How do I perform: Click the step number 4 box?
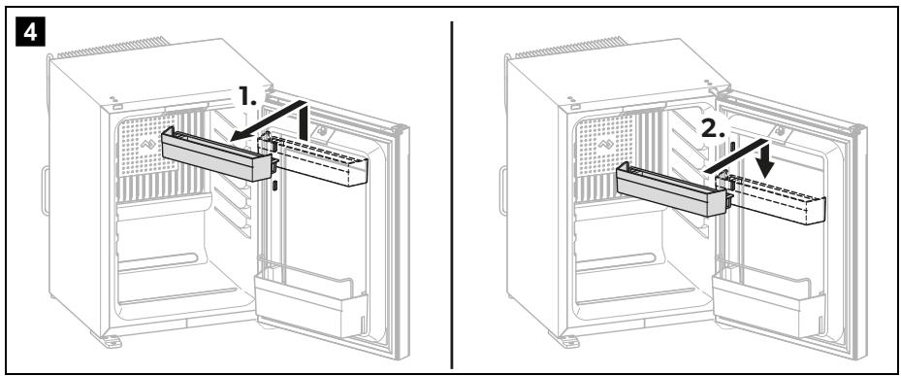coord(29,32)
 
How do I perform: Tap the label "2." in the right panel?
coord(713,131)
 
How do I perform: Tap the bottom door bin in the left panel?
coord(311,303)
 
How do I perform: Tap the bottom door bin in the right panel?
coord(768,303)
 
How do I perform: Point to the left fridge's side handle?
coord(45,190)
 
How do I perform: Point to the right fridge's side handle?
coord(502,190)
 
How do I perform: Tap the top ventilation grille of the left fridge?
coord(113,48)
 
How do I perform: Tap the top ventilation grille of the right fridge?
coord(570,48)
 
